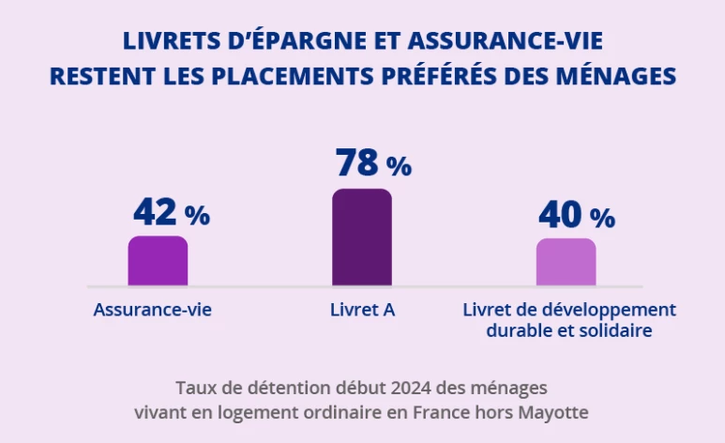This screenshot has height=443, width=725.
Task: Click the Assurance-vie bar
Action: coord(158,261)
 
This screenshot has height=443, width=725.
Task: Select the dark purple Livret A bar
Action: coord(362,237)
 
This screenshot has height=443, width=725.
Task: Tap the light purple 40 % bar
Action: coord(566,263)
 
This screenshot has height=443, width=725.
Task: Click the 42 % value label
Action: coord(171,213)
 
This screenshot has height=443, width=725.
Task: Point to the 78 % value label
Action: coord(373,163)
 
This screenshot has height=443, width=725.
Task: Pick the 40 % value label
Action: coord(576,215)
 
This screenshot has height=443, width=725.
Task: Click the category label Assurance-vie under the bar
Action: coord(153,309)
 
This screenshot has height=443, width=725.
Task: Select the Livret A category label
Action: coord(362,309)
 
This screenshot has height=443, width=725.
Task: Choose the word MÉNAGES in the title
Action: coord(617,76)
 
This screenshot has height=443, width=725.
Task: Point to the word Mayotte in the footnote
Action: coord(556,412)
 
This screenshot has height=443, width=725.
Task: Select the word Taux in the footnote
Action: coord(193,387)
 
